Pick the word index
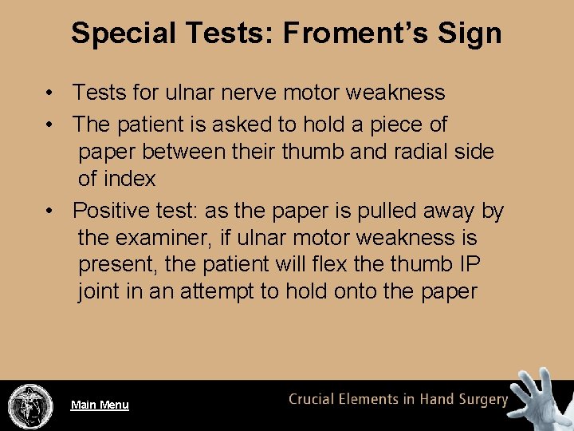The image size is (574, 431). [x=128, y=178]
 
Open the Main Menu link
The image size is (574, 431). [x=100, y=405]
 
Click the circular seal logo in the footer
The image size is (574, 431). [x=30, y=405]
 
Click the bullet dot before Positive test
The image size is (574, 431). [x=50, y=212]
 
